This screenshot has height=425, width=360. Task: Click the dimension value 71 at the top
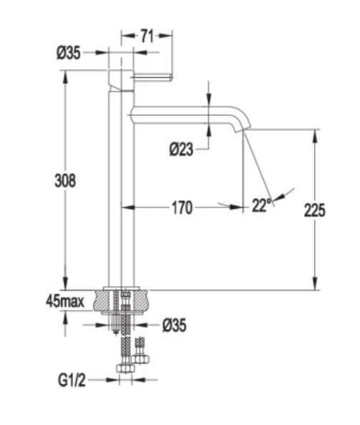[147, 36]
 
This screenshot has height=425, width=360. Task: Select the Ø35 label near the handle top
[68, 53]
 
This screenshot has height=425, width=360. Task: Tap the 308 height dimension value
[65, 180]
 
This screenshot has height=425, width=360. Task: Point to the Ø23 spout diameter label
[181, 150]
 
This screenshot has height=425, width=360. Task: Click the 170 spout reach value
[183, 208]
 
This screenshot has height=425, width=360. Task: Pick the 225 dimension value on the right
[314, 210]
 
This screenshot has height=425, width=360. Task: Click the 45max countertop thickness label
[65, 301]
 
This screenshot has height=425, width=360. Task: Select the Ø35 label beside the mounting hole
[175, 326]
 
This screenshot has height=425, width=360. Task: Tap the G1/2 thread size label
[72, 380]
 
